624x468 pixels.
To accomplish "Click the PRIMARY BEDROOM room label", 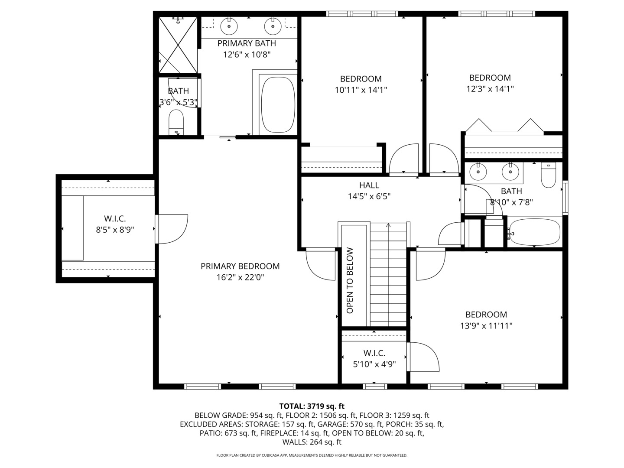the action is coord(240,266).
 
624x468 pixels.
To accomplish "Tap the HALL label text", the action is coord(369,185).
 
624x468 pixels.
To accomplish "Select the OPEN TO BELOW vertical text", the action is coord(350,280).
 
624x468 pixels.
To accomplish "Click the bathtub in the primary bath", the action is coord(278,104).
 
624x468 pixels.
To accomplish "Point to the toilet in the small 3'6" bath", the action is coord(176,122).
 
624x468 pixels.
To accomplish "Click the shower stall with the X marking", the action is coord(178,45).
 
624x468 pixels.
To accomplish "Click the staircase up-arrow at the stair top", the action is coord(388,225).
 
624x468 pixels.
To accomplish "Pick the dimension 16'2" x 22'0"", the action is coord(240,277).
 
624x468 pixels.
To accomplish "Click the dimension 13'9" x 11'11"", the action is coord(486,325).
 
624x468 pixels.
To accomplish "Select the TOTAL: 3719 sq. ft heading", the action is coord(312,406).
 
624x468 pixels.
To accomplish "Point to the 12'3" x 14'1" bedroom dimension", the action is coord(490,89).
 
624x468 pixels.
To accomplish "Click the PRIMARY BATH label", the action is coord(247,43).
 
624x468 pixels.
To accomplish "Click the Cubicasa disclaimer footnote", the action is coord(312,455).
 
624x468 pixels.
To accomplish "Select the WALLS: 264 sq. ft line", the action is coord(312,442).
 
